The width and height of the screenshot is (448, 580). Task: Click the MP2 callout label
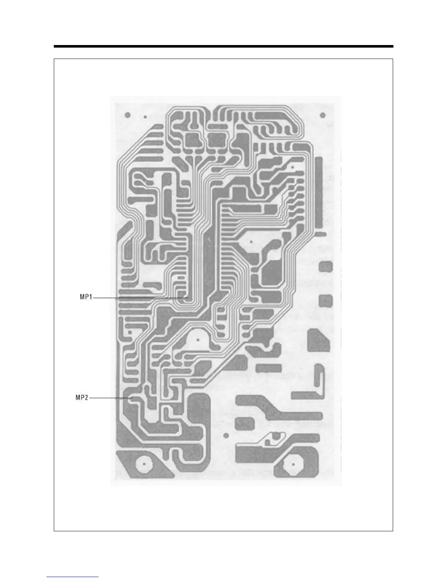(x=82, y=398)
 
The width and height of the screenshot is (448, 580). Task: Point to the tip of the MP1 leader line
(x=188, y=298)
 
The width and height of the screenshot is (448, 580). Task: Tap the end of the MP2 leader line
(x=132, y=398)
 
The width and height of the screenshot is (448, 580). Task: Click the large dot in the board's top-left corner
(x=127, y=115)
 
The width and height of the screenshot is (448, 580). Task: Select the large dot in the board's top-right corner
(x=323, y=115)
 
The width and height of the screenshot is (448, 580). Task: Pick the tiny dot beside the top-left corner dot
(x=145, y=117)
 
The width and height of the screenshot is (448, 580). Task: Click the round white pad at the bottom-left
(x=144, y=464)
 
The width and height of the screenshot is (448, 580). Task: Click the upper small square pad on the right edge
(x=325, y=266)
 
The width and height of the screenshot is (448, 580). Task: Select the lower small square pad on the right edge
(x=325, y=301)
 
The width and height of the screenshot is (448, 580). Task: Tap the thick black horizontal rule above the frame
(x=223, y=47)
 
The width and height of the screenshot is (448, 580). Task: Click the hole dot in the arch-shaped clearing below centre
(x=198, y=339)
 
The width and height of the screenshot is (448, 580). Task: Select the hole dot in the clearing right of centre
(x=252, y=242)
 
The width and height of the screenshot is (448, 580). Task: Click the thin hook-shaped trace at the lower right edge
(x=321, y=381)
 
